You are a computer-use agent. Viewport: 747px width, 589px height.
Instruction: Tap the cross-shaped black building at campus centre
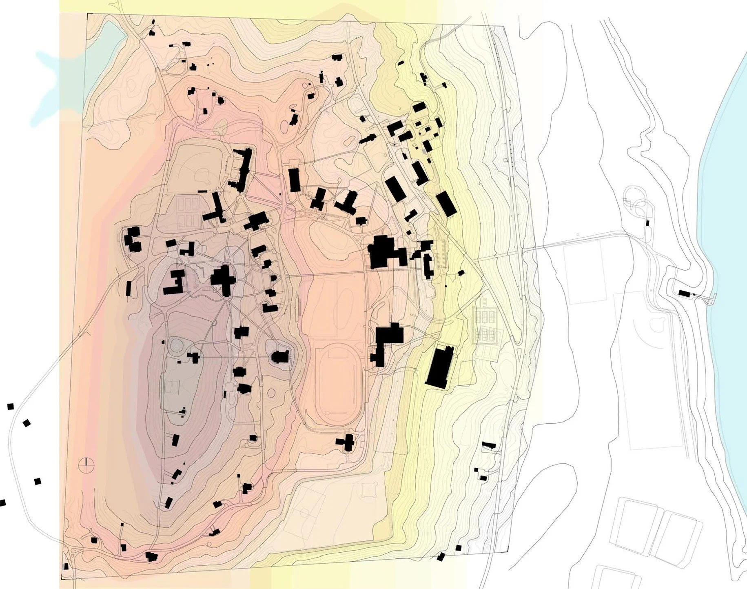(x=223, y=280)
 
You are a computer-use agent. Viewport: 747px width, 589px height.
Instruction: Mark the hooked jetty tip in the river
(x=712, y=300)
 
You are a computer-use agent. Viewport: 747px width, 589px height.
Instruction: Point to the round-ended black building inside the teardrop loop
(x=280, y=357)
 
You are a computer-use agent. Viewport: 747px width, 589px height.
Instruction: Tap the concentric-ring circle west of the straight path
(x=176, y=345)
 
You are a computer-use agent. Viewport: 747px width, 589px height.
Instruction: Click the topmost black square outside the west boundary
(x=11, y=407)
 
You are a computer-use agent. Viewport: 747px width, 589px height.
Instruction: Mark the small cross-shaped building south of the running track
(x=348, y=442)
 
